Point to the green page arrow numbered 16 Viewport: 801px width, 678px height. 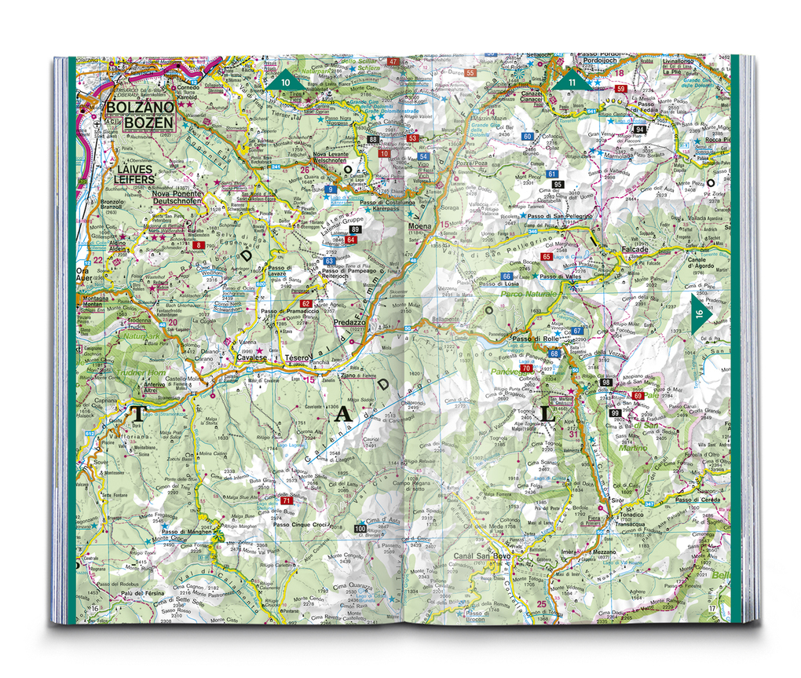tap(700, 313)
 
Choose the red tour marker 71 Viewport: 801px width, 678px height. tap(287, 500)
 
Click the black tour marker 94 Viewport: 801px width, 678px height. tap(640, 129)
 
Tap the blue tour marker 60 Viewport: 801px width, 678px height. tap(528, 137)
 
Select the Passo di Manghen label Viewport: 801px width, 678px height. tap(187, 531)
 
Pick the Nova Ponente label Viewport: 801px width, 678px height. tap(177, 193)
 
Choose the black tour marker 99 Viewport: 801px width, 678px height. tap(615, 413)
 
